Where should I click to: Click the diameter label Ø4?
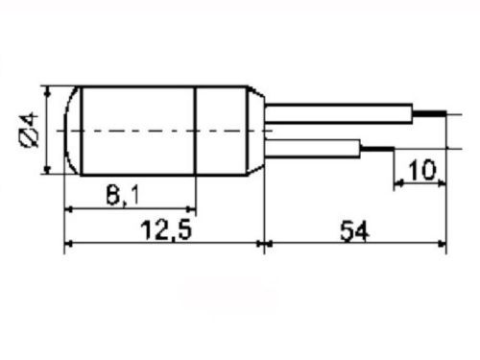click(x=30, y=130)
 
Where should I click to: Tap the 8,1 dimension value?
click(x=123, y=195)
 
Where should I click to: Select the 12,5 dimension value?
click(x=166, y=229)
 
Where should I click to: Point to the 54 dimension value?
click(x=354, y=231)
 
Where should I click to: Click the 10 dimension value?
click(x=422, y=170)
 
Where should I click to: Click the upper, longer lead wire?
click(x=339, y=113)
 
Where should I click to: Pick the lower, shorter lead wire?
click(x=313, y=149)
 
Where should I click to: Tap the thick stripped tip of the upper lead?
click(x=429, y=113)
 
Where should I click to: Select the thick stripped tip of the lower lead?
click(x=377, y=149)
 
